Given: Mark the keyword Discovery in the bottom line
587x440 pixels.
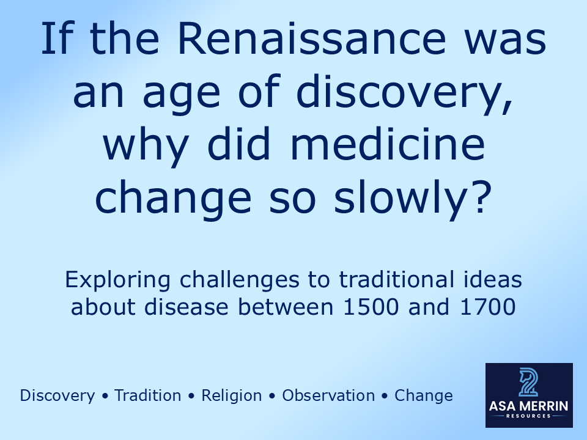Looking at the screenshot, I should coord(57,396).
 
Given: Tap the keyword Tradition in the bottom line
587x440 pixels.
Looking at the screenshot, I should coord(148,396).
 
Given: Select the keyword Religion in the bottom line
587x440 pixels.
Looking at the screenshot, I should coord(232,396).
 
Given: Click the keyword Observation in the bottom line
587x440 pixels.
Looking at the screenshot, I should coord(328,396).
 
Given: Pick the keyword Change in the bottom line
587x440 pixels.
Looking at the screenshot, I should coord(424,396).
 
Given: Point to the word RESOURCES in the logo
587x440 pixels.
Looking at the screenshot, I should coord(529,416).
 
